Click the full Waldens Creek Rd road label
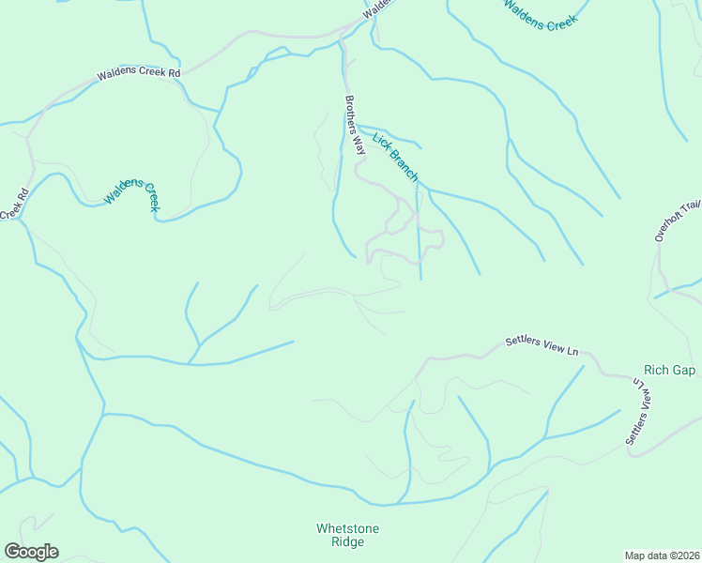(x=138, y=73)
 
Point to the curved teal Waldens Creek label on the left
(x=130, y=190)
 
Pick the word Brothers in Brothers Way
(x=350, y=114)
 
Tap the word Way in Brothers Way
(x=359, y=145)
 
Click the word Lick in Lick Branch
(x=380, y=141)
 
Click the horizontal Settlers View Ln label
(x=542, y=345)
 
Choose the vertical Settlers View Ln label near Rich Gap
(x=638, y=412)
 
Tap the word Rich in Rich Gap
(x=656, y=370)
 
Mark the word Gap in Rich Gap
(x=682, y=370)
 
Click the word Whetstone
(x=347, y=528)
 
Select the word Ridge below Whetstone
(x=347, y=541)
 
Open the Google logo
(x=31, y=552)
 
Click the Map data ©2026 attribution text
(x=662, y=555)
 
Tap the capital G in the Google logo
(x=11, y=552)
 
